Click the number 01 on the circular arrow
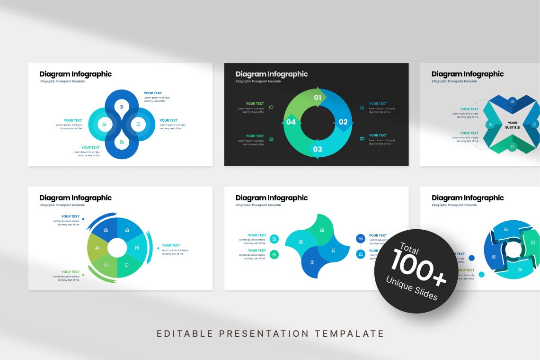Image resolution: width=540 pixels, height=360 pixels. pos(318,98)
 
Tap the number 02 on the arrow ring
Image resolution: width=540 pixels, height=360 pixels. pos(343,122)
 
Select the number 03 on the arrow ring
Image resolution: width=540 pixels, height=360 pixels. pos(317,150)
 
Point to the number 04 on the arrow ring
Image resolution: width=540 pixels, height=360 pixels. pos(291,122)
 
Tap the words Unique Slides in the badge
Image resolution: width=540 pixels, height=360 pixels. pos(412,289)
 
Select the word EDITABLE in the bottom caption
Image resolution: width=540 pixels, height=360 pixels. pos(185,333)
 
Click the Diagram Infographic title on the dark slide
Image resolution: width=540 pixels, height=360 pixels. pos(272,74)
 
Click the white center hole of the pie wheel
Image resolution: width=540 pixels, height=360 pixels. pos(117,247)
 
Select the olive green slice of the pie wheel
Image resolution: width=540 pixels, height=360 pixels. pos(97,247)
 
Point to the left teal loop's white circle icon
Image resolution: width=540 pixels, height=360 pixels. pos(105,125)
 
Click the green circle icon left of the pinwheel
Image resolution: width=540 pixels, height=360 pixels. pos(274,255)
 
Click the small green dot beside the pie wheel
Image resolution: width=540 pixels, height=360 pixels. pos(83,275)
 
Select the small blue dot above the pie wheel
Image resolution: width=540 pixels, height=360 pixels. pos(83,219)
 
